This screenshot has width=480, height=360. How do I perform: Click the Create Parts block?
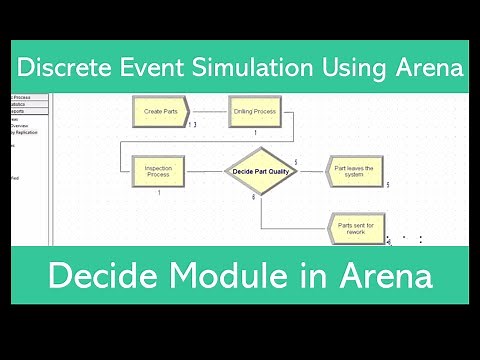coord(160,111)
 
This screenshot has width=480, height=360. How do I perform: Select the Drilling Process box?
coord(255,111)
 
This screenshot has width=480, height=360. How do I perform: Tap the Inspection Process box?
coord(158,170)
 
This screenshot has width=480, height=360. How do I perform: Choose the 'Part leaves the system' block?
coord(354,170)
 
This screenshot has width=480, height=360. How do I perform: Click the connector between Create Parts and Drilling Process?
coord(208,111)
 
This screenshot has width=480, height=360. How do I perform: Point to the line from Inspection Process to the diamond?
coord(205,171)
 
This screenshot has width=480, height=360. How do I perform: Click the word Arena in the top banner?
coord(427,68)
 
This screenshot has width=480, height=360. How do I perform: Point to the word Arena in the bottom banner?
coord(385,275)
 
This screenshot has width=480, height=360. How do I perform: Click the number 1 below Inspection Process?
coord(159,192)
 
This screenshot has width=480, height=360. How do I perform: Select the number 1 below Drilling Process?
coord(255,132)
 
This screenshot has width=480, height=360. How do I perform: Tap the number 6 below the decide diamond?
coord(253,198)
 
